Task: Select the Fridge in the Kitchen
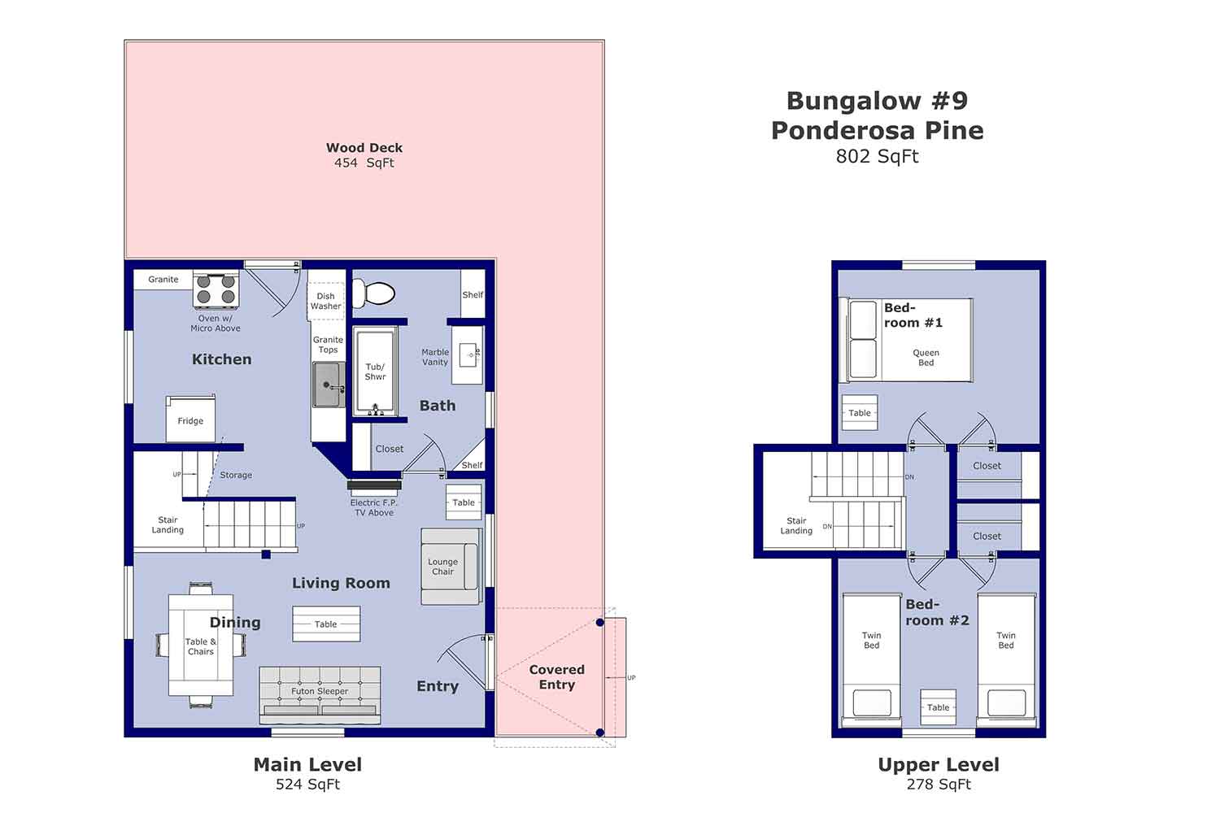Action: [x=190, y=420]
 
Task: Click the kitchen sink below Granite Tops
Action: [x=328, y=385]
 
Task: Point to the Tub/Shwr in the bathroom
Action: [x=375, y=372]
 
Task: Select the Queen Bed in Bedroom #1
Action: [x=910, y=340]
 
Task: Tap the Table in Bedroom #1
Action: [x=860, y=413]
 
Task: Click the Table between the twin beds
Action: [x=938, y=707]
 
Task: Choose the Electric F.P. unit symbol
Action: [x=374, y=487]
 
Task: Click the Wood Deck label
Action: [x=364, y=148]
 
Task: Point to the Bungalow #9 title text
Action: [x=877, y=101]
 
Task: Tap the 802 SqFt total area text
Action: [x=877, y=156]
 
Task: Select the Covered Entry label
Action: [x=556, y=676]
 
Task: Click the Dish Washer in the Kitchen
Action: [x=325, y=301]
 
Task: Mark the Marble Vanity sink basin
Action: [x=469, y=355]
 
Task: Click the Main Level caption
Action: [x=307, y=764]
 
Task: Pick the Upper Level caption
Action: [x=938, y=764]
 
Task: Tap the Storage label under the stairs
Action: [x=236, y=475]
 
